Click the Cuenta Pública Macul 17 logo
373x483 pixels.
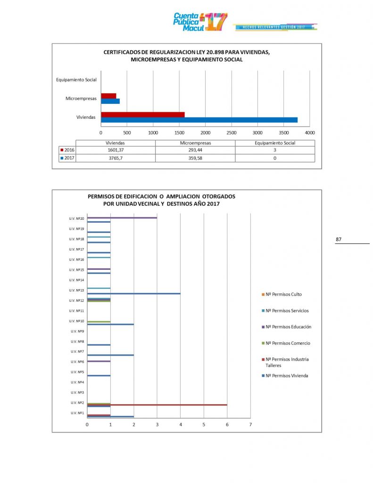pyautogui.click(x=200, y=22)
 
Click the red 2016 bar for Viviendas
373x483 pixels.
pyautogui.click(x=142, y=114)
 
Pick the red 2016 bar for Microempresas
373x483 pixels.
pyautogui.click(x=108, y=96)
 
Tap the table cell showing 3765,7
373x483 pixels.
pyautogui.click(x=116, y=158)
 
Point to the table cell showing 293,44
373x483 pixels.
pyautogui.click(x=195, y=150)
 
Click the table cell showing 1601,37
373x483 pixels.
pyautogui.click(x=116, y=150)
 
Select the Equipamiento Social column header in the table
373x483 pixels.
pyautogui.click(x=275, y=142)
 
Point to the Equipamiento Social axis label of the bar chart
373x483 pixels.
pyautogui.click(x=76, y=80)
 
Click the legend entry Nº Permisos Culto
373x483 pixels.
pyautogui.click(x=283, y=294)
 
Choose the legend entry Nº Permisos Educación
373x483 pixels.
pyautogui.click(x=288, y=326)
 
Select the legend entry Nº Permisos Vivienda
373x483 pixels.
pyautogui.click(x=287, y=375)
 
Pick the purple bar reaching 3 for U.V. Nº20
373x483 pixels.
pyautogui.click(x=122, y=217)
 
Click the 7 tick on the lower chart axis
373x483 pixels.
pyautogui.click(x=250, y=425)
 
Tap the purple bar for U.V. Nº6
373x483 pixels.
pyautogui.click(x=99, y=361)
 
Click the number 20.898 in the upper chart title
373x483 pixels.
pyautogui.click(x=193, y=52)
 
